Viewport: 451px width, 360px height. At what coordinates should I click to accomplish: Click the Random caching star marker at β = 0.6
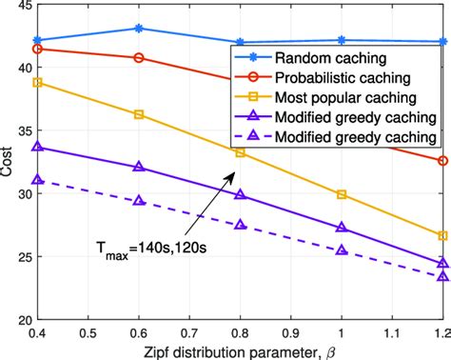139,29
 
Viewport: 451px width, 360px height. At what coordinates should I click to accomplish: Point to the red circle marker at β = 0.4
37,49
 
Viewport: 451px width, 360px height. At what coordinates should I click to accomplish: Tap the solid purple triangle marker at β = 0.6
139,167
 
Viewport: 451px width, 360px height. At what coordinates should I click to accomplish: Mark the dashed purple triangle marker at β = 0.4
37,180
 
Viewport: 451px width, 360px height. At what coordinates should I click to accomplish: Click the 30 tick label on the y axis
20,193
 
